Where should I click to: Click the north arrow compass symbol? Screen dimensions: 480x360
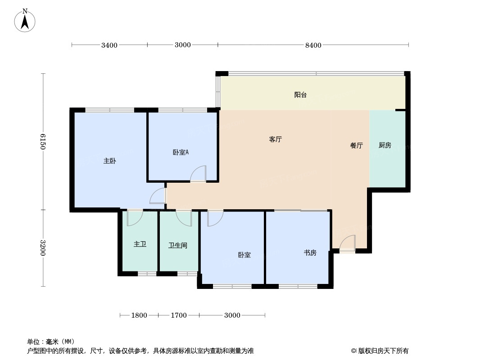(x=25, y=20)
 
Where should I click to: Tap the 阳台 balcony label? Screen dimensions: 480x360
(x=300, y=95)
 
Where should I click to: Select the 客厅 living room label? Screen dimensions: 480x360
(x=275, y=139)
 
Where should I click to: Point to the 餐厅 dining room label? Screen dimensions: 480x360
(x=356, y=145)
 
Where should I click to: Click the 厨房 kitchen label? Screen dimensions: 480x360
(x=385, y=145)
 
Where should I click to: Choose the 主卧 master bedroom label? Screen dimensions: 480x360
(x=109, y=161)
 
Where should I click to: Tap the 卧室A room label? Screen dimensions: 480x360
(x=181, y=152)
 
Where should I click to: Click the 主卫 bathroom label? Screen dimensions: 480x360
(x=140, y=244)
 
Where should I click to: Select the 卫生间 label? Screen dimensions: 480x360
(x=177, y=245)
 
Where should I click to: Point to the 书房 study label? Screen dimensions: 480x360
(x=310, y=252)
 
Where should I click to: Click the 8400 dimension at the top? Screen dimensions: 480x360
(x=313, y=45)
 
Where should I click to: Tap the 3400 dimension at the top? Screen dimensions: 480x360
(x=109, y=45)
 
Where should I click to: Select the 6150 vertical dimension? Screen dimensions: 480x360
(x=42, y=142)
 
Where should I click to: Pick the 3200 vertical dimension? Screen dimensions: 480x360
(x=42, y=248)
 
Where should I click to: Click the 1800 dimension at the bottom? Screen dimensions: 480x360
(x=139, y=315)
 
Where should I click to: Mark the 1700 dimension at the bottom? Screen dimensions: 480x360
(x=178, y=315)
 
